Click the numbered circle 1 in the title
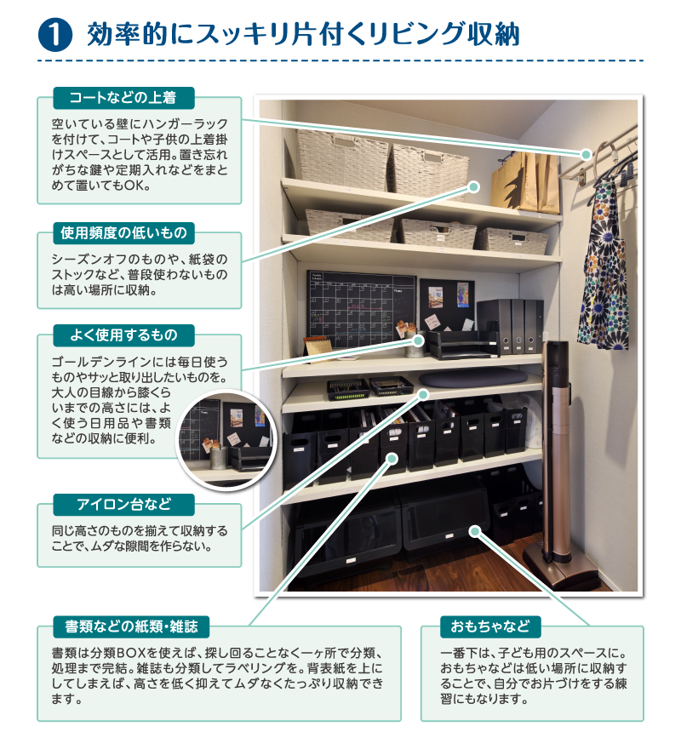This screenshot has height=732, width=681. pyautogui.click(x=55, y=34)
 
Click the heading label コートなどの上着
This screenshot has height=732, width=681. pyautogui.click(x=123, y=98)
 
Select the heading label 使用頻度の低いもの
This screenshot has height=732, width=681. pyautogui.click(x=123, y=233)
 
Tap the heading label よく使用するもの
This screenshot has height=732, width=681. pyautogui.click(x=123, y=335)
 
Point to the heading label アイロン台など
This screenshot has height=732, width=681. pyautogui.click(x=123, y=505)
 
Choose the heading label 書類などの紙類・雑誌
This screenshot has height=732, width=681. pyautogui.click(x=131, y=626)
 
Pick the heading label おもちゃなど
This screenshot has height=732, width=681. pyautogui.click(x=490, y=626)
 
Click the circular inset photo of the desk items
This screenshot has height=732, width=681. pyautogui.click(x=226, y=440)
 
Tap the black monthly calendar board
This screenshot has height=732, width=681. pyautogui.click(x=361, y=309)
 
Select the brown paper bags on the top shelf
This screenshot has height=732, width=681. pyautogui.click(x=525, y=181)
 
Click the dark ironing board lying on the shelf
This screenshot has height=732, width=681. pyautogui.click(x=472, y=378)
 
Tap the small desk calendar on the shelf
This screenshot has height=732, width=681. pyautogui.click(x=318, y=349)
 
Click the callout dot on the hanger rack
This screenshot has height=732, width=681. pyautogui.click(x=586, y=155)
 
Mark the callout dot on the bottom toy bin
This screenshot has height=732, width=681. pyautogui.click(x=475, y=531)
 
